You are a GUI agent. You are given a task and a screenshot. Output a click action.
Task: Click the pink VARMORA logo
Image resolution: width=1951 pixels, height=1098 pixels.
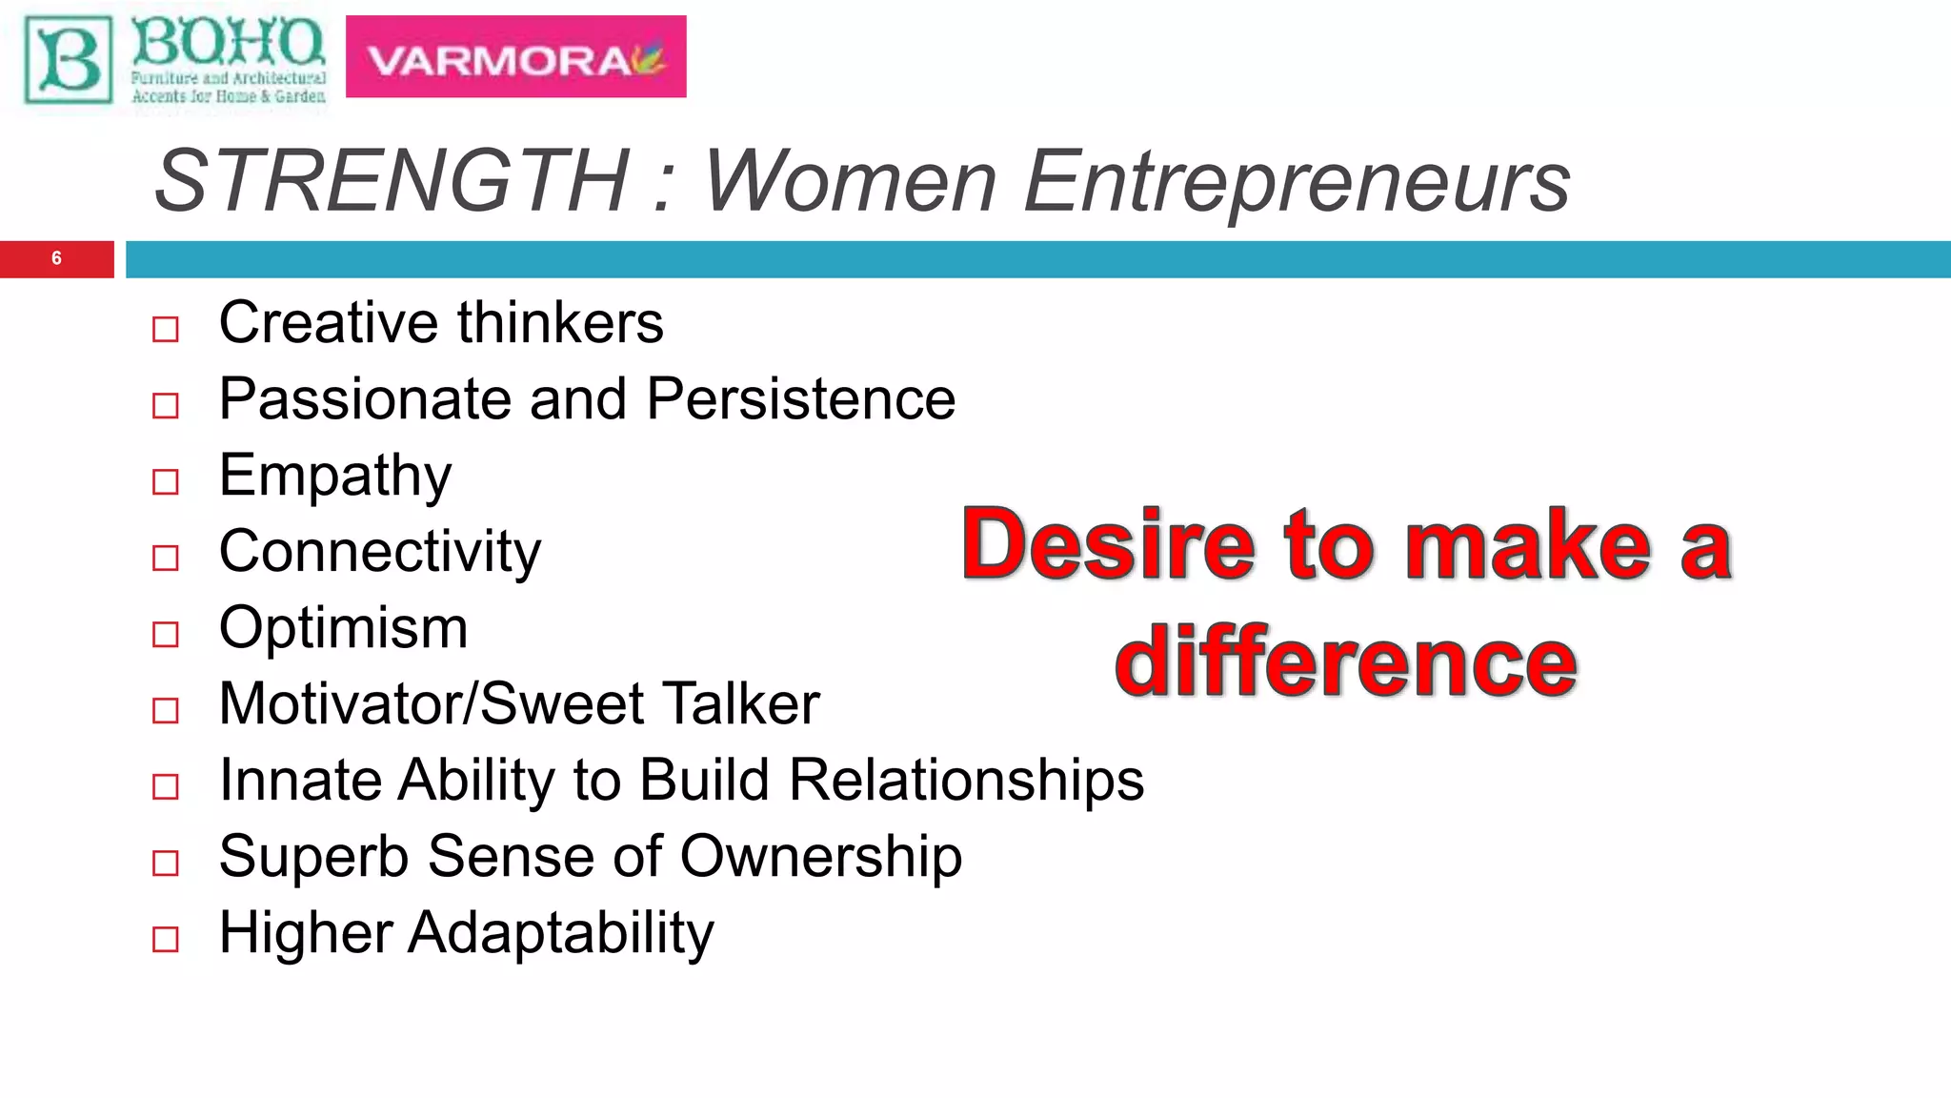coord(515,57)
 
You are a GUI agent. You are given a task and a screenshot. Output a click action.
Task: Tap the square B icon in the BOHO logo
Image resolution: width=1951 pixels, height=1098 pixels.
coord(68,60)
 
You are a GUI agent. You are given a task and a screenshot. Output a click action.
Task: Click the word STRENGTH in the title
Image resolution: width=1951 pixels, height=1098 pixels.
coord(392,181)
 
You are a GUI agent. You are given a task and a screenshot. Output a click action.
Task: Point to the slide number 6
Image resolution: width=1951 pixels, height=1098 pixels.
coord(56,258)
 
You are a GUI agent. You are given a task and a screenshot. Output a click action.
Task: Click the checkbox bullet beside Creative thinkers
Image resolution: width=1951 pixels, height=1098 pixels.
coord(166,330)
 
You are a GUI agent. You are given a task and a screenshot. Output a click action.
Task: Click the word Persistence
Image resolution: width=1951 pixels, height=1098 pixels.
coord(801,398)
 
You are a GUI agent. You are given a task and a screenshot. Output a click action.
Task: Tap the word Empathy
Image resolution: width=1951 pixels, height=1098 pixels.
coord(334,476)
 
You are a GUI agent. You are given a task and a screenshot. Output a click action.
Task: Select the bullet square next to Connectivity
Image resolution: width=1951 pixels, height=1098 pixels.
coord(166,558)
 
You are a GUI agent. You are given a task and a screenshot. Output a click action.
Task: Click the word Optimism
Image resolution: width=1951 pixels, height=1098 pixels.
coord(343,628)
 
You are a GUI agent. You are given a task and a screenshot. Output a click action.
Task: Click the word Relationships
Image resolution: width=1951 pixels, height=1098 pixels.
coord(967,781)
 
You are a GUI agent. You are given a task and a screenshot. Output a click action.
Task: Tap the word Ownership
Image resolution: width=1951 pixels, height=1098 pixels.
coord(820,857)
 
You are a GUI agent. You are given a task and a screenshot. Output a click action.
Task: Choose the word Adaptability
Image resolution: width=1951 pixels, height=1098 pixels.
coord(561,933)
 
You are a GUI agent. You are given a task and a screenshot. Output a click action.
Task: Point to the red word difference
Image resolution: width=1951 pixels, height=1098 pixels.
coord(1346,662)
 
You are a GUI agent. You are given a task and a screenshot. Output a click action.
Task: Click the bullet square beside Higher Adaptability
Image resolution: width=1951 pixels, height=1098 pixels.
coord(166,939)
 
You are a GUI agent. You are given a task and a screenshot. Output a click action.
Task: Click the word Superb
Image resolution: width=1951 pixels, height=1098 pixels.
coord(315,857)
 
